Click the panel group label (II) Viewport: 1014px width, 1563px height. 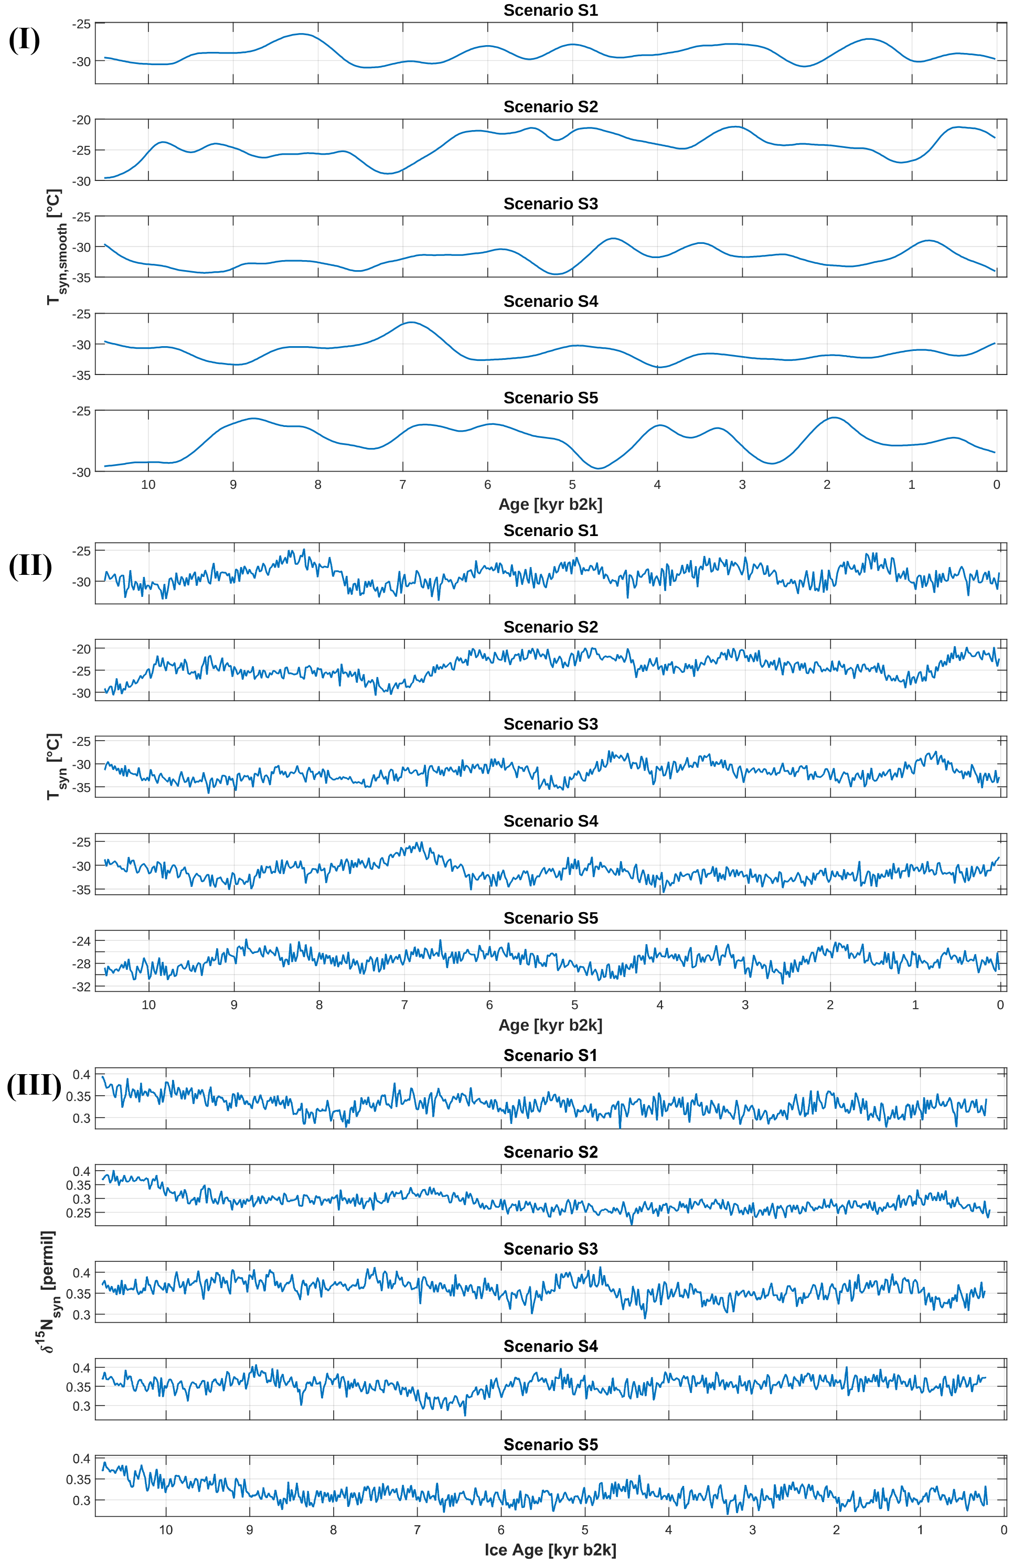[x=30, y=565]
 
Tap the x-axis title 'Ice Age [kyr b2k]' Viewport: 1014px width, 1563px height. [x=550, y=1550]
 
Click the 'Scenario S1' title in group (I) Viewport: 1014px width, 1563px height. [x=550, y=10]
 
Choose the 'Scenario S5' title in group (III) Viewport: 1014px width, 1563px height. [x=550, y=1444]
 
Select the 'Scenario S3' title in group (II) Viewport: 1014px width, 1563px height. [x=550, y=724]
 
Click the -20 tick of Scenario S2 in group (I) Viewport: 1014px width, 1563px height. [x=81, y=120]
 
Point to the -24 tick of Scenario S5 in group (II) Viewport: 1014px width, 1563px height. [x=81, y=941]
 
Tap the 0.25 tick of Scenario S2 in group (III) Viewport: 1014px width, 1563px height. [x=78, y=1213]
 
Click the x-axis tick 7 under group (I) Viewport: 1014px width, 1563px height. [x=402, y=485]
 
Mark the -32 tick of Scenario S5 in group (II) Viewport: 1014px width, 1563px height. [x=81, y=987]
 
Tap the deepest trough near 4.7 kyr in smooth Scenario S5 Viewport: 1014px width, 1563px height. [x=599, y=468]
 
